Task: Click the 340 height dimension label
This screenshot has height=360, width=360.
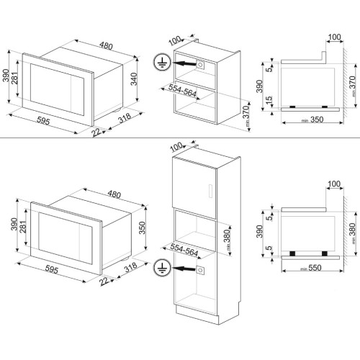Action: (x=134, y=78)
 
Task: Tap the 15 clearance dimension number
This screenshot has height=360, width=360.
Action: (x=269, y=100)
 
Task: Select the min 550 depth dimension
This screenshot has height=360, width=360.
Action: (x=311, y=268)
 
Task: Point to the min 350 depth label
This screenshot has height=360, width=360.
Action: (x=312, y=120)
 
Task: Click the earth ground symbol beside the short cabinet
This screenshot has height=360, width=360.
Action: (x=162, y=62)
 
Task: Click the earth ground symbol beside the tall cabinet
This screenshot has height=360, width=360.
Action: (x=162, y=268)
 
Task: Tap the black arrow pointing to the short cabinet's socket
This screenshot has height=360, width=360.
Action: (x=184, y=63)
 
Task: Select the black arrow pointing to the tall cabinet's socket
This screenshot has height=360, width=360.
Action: (x=184, y=269)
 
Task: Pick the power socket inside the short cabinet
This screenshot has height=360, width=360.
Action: (x=200, y=65)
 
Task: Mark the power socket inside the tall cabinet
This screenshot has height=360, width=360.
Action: (x=200, y=271)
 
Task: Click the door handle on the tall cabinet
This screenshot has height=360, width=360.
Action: (x=210, y=191)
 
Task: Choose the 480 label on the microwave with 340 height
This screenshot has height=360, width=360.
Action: (x=106, y=45)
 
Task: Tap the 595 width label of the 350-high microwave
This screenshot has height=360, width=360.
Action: (x=52, y=270)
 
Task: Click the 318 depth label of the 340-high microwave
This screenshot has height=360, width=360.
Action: (x=125, y=118)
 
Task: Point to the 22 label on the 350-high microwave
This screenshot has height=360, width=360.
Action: (x=104, y=281)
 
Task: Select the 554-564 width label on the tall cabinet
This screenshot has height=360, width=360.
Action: (x=184, y=249)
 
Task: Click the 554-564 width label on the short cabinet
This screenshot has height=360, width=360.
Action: (x=182, y=90)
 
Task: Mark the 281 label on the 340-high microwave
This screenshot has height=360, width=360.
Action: (x=15, y=77)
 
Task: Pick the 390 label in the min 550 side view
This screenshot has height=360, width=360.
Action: (x=259, y=232)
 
